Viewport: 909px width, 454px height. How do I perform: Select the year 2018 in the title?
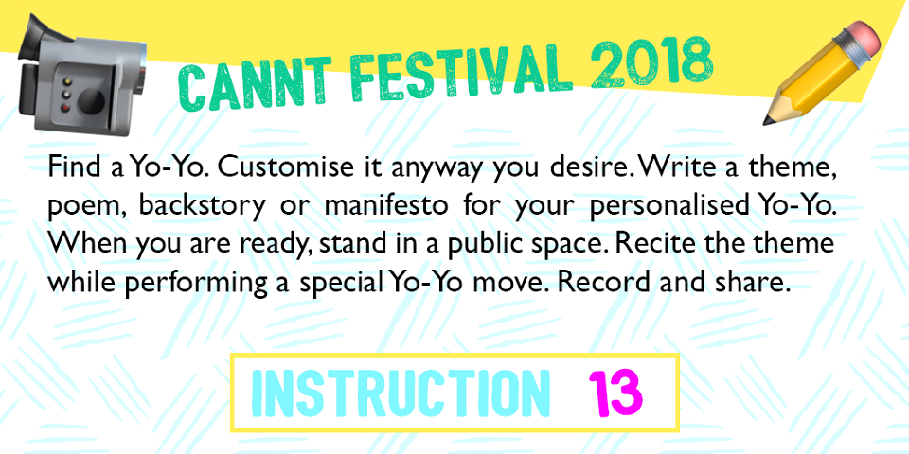[651, 61]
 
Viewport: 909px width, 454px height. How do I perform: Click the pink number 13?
[615, 392]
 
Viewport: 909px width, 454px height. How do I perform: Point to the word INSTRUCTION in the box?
[400, 392]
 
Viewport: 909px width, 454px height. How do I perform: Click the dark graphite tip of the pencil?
[769, 120]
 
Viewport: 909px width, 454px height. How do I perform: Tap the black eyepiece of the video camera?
[35, 36]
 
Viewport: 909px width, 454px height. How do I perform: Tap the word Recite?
[645, 243]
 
